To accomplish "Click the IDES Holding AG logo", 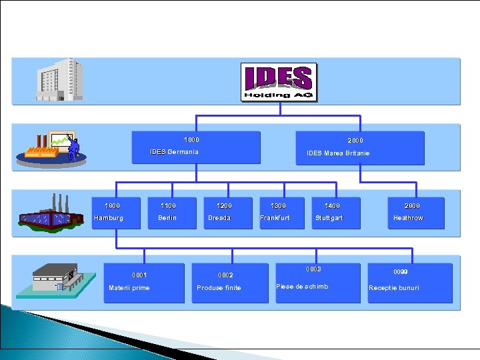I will tap(279, 83).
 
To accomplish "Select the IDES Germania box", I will tap(195, 147).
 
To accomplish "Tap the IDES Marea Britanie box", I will tap(359, 148).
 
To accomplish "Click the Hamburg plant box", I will tap(116, 213).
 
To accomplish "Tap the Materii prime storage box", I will tap(144, 283).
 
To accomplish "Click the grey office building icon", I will tap(60, 80).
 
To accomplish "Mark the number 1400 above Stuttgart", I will tap(332, 206).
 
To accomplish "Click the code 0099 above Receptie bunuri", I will tap(401, 272).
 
